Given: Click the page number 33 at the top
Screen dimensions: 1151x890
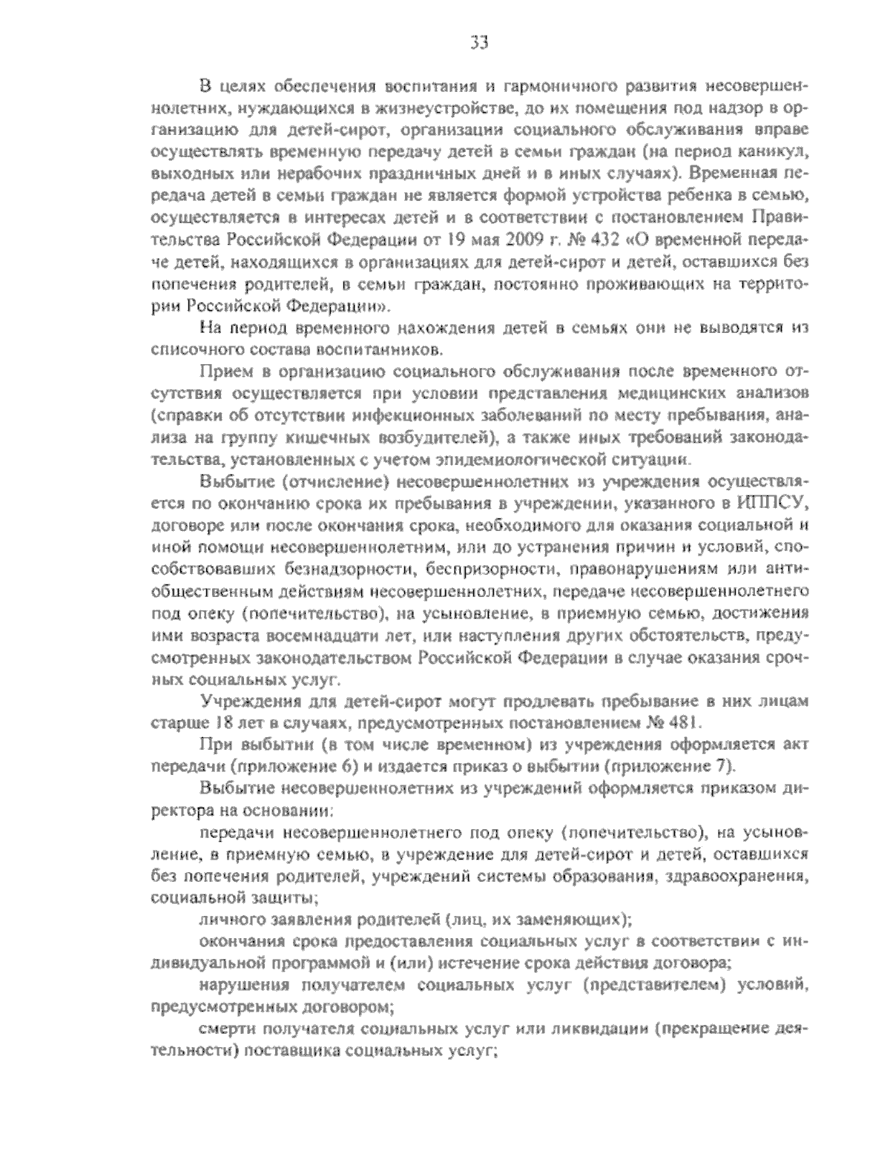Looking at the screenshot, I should pyautogui.click(x=479, y=42).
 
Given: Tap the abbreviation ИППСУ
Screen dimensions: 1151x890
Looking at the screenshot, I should pyautogui.click(x=771, y=504).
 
